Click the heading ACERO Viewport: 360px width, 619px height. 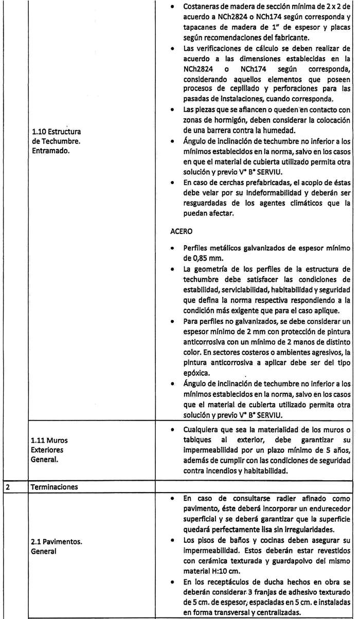click(x=181, y=231)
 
